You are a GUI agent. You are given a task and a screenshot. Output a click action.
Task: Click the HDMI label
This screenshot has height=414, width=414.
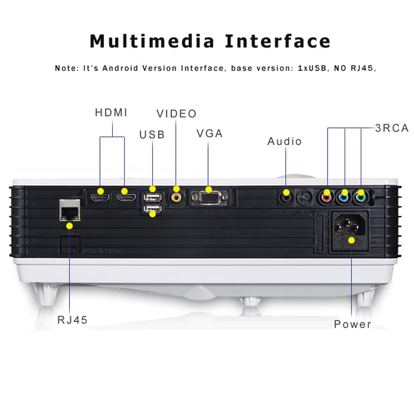111,112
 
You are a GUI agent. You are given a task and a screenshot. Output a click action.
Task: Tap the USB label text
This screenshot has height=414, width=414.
152,135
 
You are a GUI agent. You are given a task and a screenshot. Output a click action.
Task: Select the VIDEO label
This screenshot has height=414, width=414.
176,113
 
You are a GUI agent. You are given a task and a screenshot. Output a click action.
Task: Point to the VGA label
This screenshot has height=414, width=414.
210,133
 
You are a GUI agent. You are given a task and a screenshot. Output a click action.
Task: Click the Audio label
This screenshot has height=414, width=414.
285,141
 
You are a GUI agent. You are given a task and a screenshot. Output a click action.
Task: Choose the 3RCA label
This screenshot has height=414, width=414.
392,128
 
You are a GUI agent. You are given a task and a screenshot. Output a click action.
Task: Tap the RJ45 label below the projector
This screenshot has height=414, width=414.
72,320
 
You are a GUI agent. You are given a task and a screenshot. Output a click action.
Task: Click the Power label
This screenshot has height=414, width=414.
352,324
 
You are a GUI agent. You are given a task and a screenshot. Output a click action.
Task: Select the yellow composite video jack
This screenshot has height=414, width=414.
177,197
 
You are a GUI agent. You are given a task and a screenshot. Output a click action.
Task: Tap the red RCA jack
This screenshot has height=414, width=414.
327,197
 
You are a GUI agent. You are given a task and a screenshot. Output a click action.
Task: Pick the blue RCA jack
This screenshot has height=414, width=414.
344,197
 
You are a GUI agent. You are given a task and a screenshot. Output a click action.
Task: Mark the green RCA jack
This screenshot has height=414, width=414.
360,197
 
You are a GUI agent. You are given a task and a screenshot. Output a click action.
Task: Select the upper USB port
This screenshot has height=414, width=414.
152,197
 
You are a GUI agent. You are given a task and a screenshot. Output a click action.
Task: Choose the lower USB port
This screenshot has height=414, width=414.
152,209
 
